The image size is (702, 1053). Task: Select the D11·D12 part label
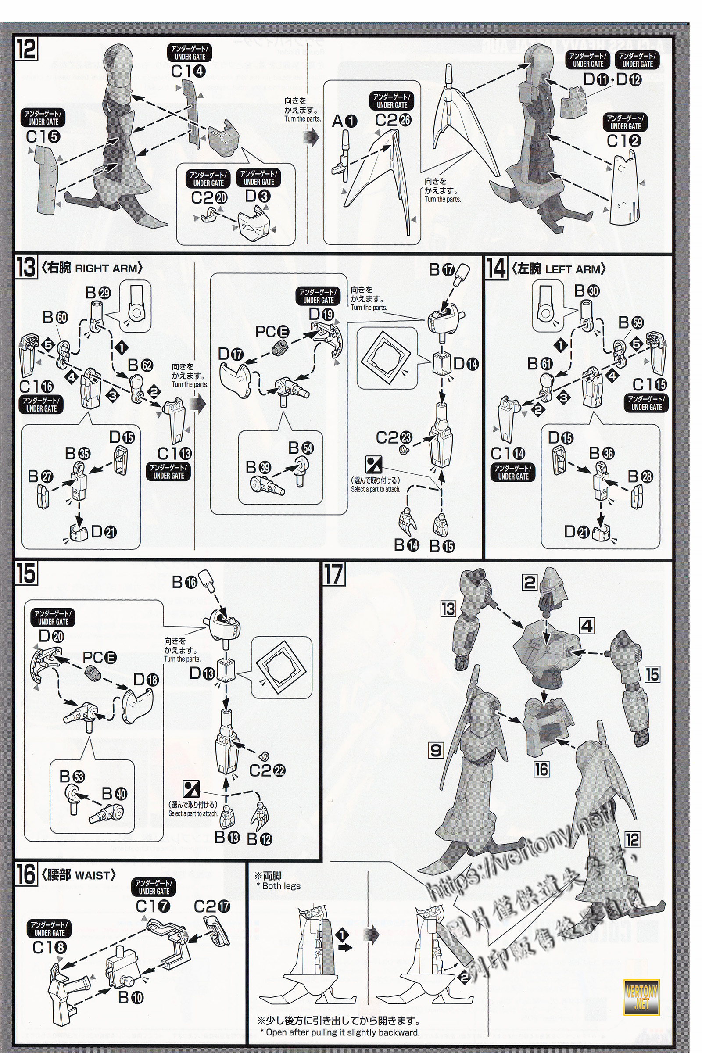612,80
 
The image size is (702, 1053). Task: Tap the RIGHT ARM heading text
107,269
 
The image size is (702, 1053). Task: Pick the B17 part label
441,269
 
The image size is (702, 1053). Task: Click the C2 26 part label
393,120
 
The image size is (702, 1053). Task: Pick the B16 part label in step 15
184,582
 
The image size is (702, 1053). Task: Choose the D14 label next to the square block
466,364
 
